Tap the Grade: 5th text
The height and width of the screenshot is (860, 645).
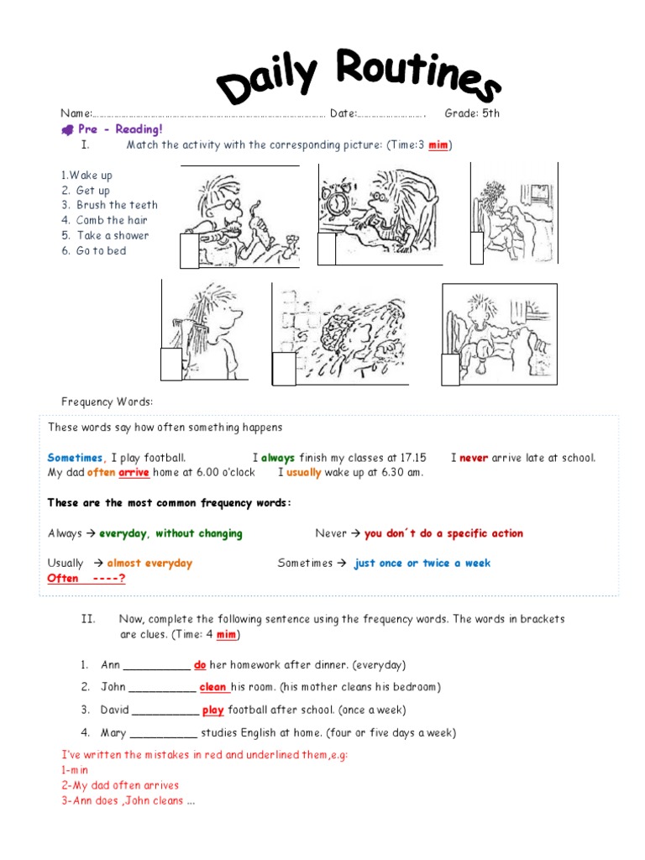click(x=472, y=113)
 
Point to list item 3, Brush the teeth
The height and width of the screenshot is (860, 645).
click(x=112, y=205)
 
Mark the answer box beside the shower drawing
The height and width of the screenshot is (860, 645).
click(x=285, y=369)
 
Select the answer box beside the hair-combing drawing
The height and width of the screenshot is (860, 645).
click(x=171, y=364)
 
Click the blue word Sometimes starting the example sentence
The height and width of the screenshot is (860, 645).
click(x=75, y=458)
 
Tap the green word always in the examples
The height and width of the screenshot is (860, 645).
click(x=278, y=458)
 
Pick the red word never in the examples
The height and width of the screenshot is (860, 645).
click(x=474, y=458)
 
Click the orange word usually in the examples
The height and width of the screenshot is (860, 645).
click(x=304, y=472)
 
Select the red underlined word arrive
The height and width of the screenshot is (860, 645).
click(x=134, y=472)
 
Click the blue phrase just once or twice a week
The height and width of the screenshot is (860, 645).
click(x=422, y=564)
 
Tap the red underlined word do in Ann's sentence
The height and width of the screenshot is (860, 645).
click(x=200, y=665)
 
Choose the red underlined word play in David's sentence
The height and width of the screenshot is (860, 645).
click(x=213, y=711)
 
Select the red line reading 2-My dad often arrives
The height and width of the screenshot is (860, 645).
click(x=120, y=785)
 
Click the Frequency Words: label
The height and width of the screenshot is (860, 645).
click(x=107, y=401)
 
